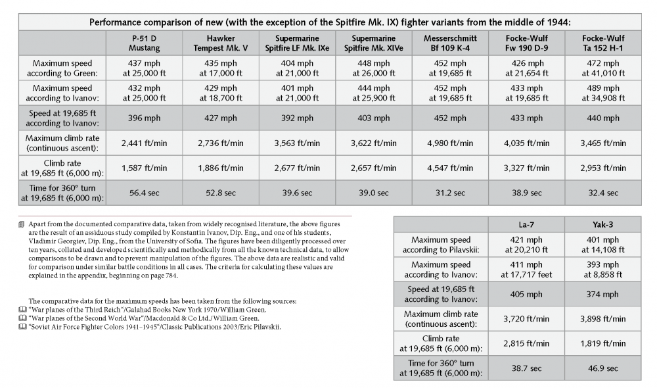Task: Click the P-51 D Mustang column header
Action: (x=144, y=43)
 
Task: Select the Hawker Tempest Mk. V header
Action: (x=220, y=43)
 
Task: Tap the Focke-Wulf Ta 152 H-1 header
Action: (x=602, y=43)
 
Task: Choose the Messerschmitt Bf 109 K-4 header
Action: (x=450, y=43)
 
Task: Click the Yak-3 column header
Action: (x=602, y=224)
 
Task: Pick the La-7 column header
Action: (x=526, y=224)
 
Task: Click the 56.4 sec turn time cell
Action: (x=144, y=193)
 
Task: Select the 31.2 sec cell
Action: (x=450, y=193)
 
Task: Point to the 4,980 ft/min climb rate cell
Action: (x=450, y=143)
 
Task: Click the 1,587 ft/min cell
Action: (x=144, y=168)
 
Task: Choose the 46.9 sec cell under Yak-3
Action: (x=602, y=368)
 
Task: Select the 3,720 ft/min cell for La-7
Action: (x=526, y=318)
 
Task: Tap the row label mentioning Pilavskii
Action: (x=441, y=245)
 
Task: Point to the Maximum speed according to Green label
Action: (x=62, y=68)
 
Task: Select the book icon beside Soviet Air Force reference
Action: (x=24, y=327)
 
